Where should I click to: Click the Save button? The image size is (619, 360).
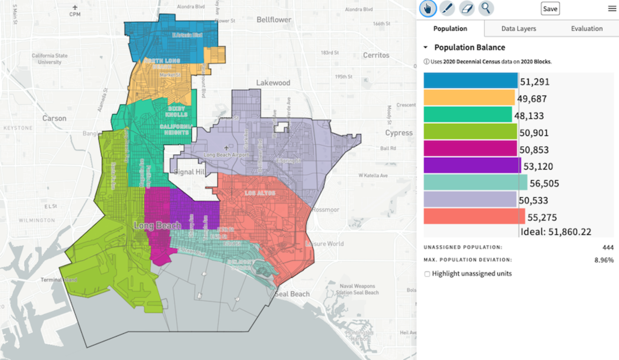pos(550,9)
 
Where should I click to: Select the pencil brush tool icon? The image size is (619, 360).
pos(447,8)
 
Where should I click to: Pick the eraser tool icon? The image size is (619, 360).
pos(467,8)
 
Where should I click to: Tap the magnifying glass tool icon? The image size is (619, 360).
pos(486,8)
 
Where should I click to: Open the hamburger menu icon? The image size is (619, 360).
pos(612,8)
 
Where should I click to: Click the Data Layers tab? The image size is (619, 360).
pos(518,29)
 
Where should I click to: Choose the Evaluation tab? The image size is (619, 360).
pos(586,29)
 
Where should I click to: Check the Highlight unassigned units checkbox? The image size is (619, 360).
pos(427,274)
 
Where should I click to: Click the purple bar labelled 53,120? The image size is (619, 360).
pos(472,166)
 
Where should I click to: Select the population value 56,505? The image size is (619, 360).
pos(544,183)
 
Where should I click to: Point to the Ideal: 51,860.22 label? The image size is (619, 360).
pos(556,232)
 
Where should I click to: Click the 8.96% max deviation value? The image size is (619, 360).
pos(604,260)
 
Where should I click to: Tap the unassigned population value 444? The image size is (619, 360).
pos(608,248)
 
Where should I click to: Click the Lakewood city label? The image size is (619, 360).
pos(273,83)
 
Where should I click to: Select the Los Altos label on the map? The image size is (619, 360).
pos(260,193)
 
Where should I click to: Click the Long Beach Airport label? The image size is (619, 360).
pos(226,155)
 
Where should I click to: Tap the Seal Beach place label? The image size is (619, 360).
pos(292,294)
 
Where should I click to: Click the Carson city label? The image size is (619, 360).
pos(54,118)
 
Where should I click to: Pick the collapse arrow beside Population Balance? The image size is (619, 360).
pos(426,47)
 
